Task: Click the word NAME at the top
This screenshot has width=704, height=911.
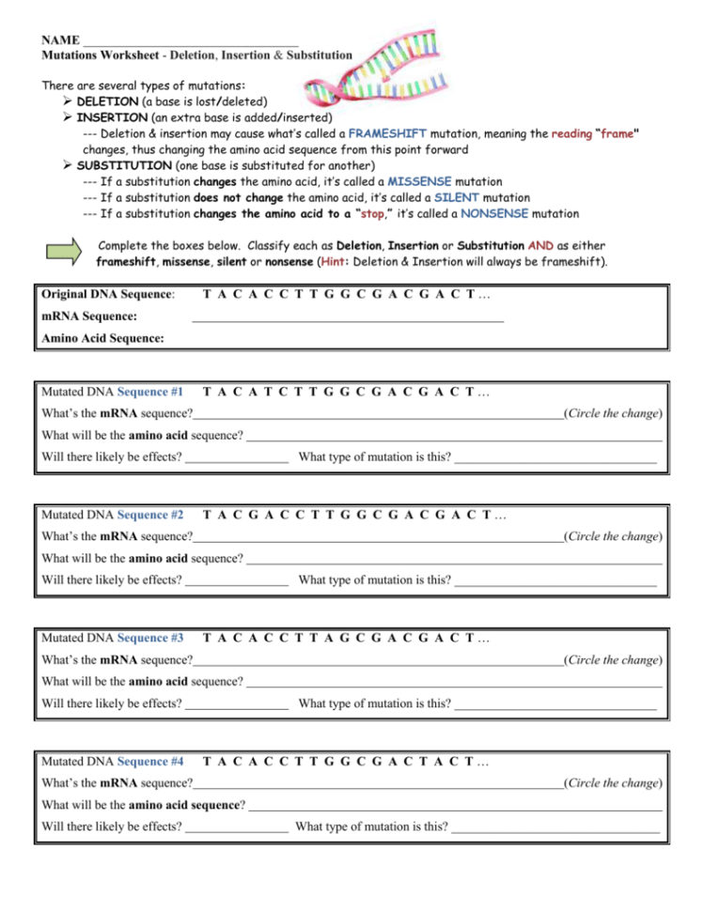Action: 60,40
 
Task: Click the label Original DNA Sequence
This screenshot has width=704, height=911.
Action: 107,295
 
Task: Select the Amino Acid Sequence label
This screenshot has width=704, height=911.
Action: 102,338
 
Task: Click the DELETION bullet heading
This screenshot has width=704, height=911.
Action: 112,101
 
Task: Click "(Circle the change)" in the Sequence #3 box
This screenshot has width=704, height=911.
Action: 613,660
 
